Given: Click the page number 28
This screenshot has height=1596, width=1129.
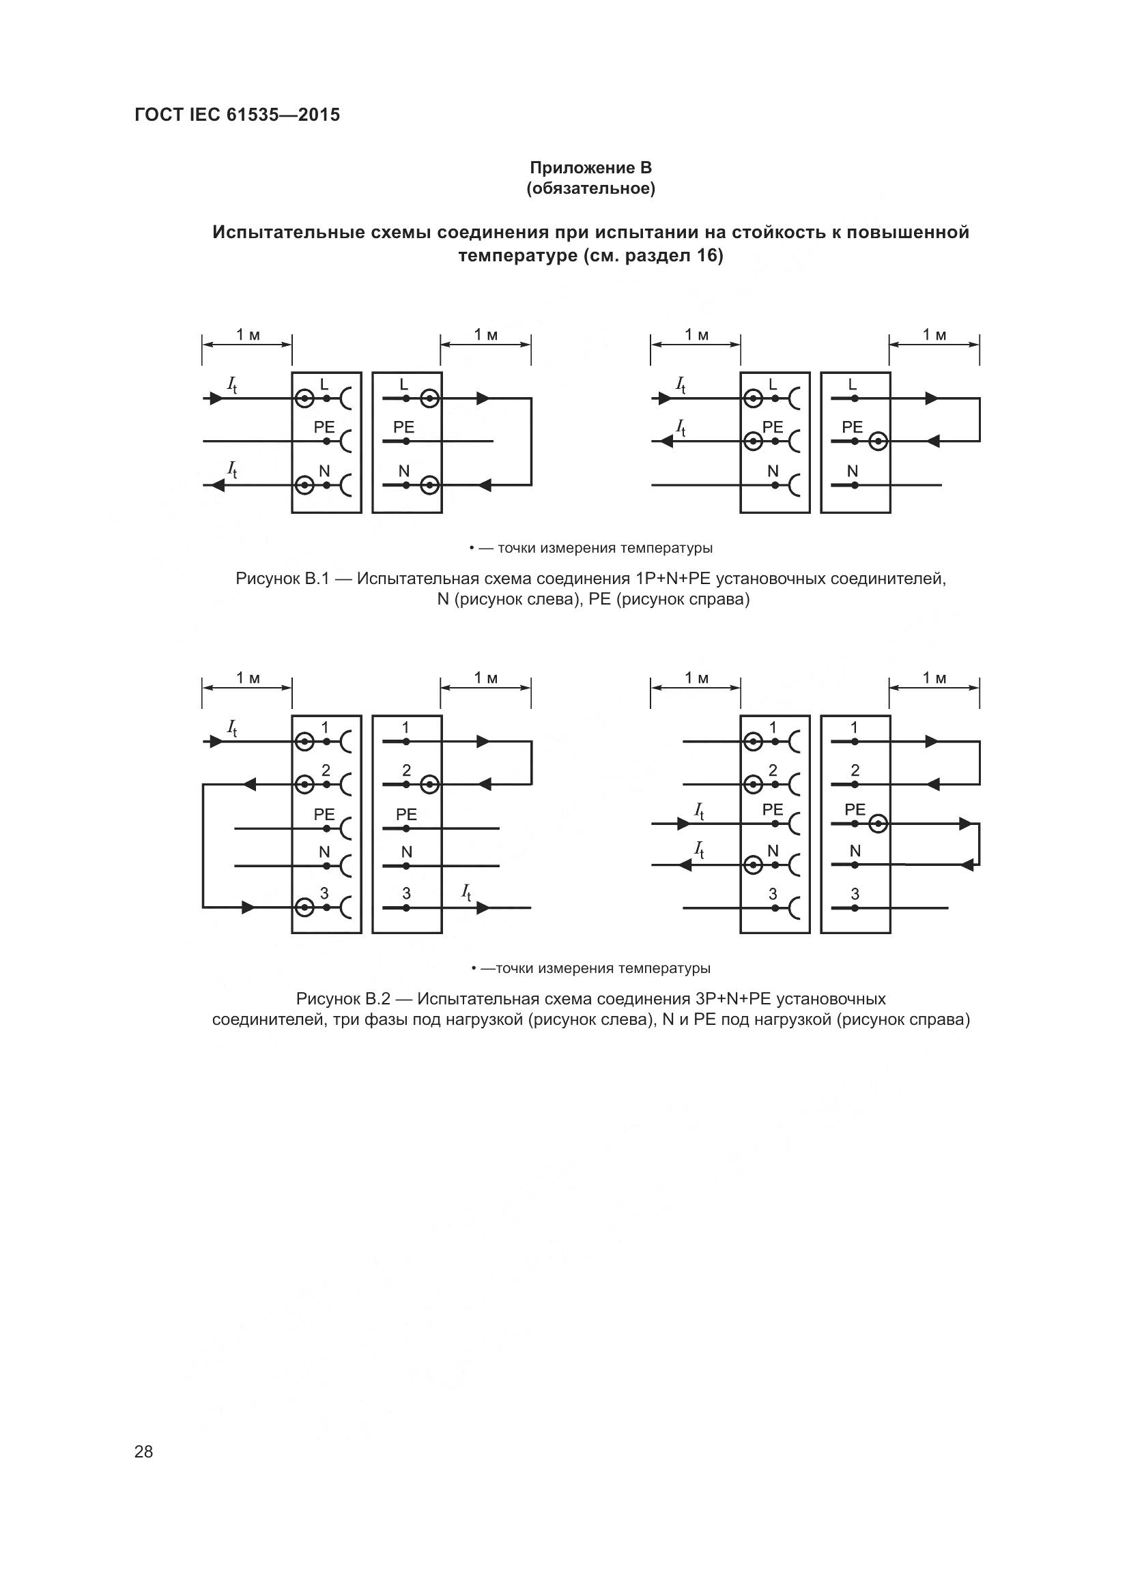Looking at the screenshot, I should pyautogui.click(x=143, y=1451).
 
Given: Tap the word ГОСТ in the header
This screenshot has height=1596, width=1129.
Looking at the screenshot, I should pyautogui.click(x=158, y=115).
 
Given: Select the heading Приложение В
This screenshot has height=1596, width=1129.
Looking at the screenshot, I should pyautogui.click(x=590, y=168).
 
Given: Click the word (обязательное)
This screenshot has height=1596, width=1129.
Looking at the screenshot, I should pyautogui.click(x=590, y=188).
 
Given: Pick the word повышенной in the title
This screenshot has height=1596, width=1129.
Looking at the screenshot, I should pyautogui.click(x=913, y=232).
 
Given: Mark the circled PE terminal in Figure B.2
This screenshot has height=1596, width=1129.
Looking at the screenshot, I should pyautogui.click(x=878, y=824).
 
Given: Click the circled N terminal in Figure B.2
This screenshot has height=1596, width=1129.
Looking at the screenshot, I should pyautogui.click(x=753, y=865).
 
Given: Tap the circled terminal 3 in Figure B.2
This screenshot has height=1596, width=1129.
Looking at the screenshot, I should pyautogui.click(x=304, y=908).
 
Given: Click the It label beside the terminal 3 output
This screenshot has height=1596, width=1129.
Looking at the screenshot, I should pyautogui.click(x=466, y=893).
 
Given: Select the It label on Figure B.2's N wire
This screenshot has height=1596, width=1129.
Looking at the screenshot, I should pyautogui.click(x=700, y=850).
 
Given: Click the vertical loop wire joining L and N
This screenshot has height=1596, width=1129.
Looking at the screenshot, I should pyautogui.click(x=531, y=441).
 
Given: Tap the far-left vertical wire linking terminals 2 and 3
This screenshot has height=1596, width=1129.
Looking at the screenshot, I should pyautogui.click(x=203, y=846).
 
